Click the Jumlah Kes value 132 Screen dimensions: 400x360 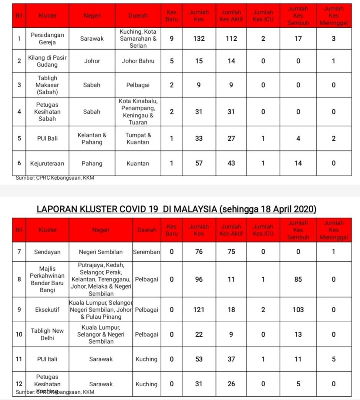pyautogui.click(x=199, y=39)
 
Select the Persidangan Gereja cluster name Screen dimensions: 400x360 pyautogui.click(x=47, y=39)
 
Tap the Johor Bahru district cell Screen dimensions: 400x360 pyautogui.click(x=138, y=61)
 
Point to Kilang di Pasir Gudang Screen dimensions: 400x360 pyautogui.click(x=47, y=61)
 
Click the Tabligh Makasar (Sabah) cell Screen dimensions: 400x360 pyautogui.click(x=47, y=85)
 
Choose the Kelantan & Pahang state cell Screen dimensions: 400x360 pyautogui.click(x=92, y=139)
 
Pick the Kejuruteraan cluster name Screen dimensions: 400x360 pyautogui.click(x=47, y=163)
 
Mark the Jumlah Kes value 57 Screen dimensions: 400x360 pyautogui.click(x=199, y=163)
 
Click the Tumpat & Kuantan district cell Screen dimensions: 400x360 pyautogui.click(x=138, y=139)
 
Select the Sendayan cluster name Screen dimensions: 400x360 pyautogui.click(x=47, y=252)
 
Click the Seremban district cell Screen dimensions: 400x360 pyautogui.click(x=146, y=252)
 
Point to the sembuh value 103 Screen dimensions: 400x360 pyautogui.click(x=298, y=310)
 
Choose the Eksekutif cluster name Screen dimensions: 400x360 pyautogui.click(x=47, y=310)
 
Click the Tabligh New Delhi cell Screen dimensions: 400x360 pyautogui.click(x=47, y=334)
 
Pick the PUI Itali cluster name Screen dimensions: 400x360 pyautogui.click(x=47, y=359)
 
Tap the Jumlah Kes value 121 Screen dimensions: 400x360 pyautogui.click(x=199, y=310)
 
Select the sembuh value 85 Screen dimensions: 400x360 pyautogui.click(x=298, y=279)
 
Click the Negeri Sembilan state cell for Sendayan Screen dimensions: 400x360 pyautogui.click(x=100, y=252)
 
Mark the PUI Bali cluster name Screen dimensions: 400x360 pyautogui.click(x=47, y=139)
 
